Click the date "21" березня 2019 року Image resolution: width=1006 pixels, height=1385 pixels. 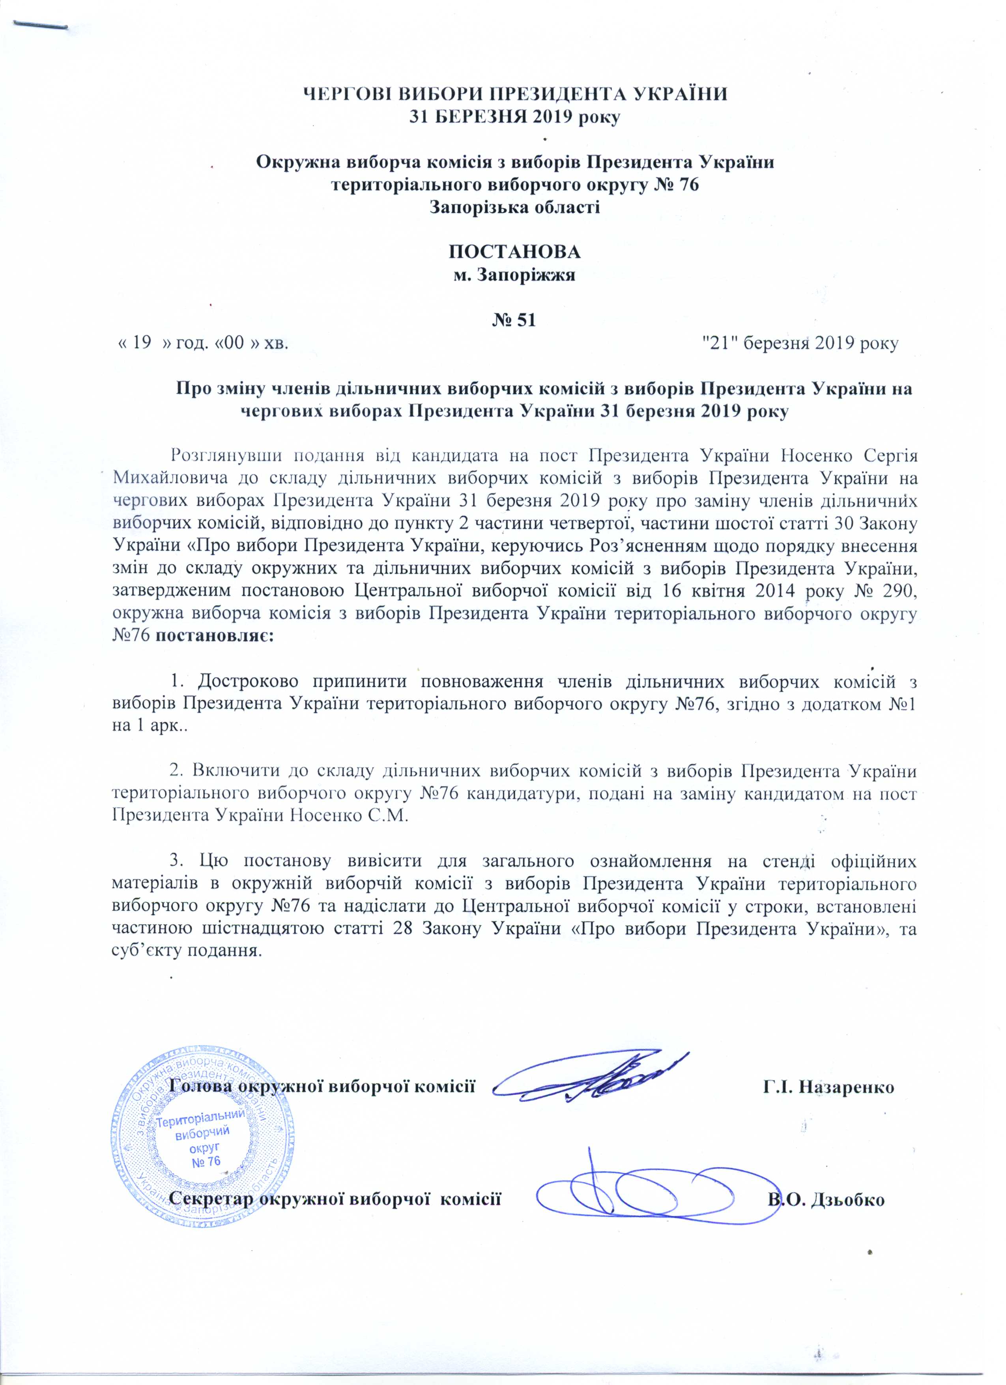tap(801, 343)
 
